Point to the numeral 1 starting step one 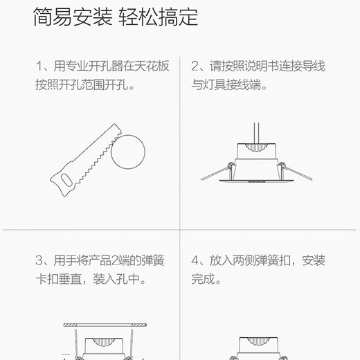pyautogui.click(x=39, y=69)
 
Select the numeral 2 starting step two pyautogui.click(x=196, y=69)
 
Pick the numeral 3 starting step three pyautogui.click(x=39, y=261)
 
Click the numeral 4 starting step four pyautogui.click(x=196, y=261)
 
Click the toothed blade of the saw pyautogui.click(x=96, y=150)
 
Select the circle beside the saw pyautogui.click(x=130, y=150)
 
